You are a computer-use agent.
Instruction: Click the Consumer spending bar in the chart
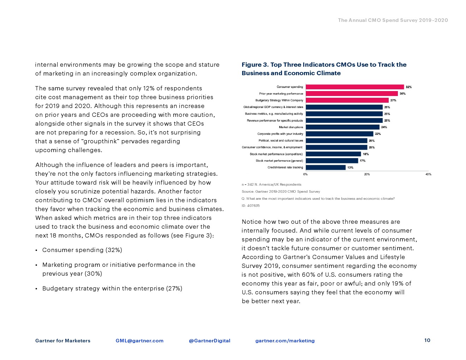coord(354,87)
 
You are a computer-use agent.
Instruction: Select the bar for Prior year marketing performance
coord(352,94)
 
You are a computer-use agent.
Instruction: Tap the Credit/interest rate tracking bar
coord(325,167)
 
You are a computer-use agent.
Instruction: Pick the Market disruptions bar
coord(342,127)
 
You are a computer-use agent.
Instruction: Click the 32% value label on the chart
coord(408,87)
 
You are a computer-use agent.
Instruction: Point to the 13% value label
coord(350,168)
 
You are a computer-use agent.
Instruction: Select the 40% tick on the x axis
coord(428,174)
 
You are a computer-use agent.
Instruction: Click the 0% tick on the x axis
coord(305,174)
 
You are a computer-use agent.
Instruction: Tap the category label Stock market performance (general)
coord(279,161)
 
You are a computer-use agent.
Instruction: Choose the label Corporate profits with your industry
coord(280,134)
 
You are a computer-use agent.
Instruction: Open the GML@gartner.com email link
coord(139,341)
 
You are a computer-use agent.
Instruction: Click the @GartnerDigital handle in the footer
coord(209,341)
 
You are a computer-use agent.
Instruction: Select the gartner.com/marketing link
coord(285,341)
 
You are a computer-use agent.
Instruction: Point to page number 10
coord(427,340)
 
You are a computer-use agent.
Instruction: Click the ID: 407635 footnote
coord(250,205)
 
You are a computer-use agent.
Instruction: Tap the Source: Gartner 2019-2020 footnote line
coord(281,191)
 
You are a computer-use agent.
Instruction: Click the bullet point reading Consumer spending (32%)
coord(82,250)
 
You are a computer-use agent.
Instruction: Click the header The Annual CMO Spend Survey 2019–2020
coord(393,20)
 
